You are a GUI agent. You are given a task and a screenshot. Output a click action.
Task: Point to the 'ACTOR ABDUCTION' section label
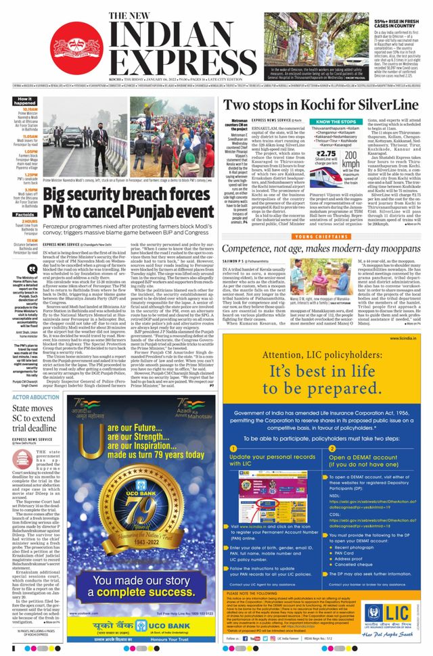pyautogui.click(x=37, y=397)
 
